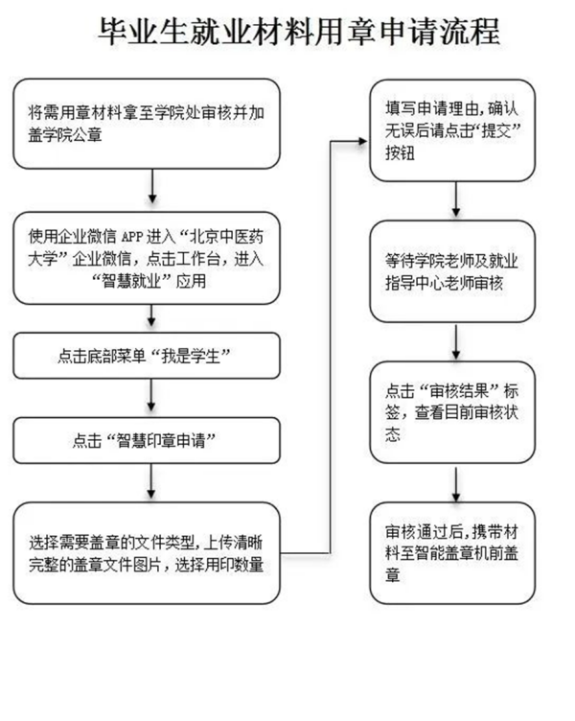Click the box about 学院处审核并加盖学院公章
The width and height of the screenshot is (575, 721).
[x=148, y=124]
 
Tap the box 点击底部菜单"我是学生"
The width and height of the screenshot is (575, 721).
[x=148, y=356]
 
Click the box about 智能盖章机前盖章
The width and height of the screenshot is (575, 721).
[x=452, y=543]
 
